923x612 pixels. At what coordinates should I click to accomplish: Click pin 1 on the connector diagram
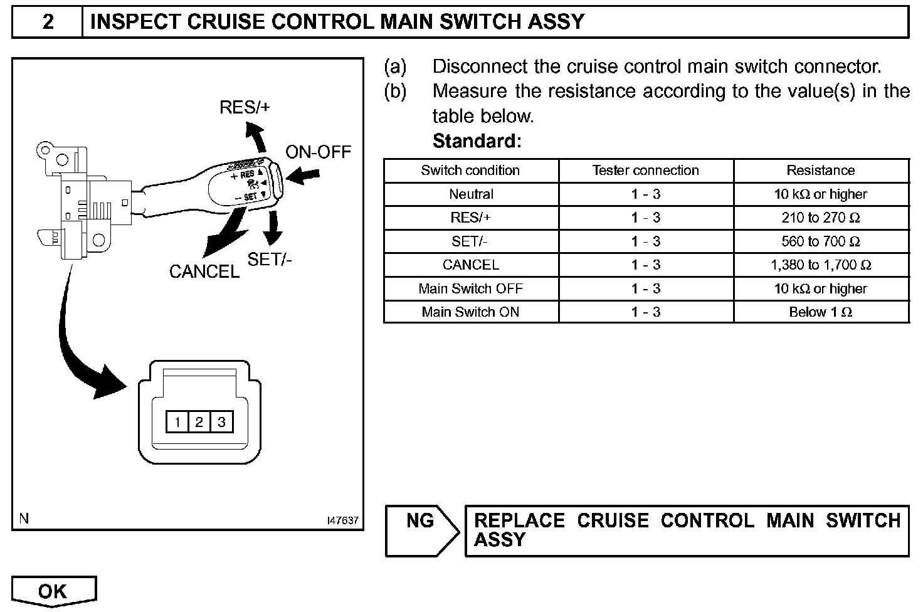177,422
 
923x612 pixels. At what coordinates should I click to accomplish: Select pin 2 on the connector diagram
199,422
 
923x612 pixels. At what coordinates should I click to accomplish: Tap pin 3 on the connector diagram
221,422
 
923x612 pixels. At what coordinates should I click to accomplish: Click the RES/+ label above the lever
245,107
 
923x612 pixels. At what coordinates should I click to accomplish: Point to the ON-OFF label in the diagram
318,152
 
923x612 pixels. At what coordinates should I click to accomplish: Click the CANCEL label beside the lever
204,272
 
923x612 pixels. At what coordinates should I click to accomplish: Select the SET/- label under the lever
270,259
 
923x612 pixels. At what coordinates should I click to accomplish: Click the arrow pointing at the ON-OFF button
303,177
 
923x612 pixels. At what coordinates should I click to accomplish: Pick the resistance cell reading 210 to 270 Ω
821,218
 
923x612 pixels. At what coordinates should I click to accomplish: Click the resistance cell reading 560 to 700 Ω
821,241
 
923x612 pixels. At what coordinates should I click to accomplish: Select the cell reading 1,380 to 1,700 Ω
821,265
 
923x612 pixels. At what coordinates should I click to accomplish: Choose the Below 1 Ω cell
821,312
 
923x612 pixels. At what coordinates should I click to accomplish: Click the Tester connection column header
645,171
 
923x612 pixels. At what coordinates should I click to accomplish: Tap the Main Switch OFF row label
470,288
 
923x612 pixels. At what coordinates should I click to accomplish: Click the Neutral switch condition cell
471,194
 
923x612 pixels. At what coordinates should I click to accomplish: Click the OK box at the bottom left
53,591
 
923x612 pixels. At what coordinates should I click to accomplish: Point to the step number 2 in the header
48,22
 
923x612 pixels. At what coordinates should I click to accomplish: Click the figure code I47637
342,520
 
